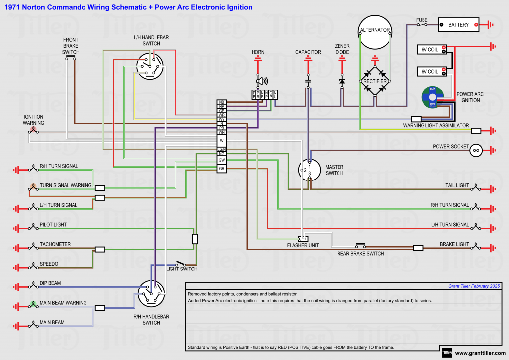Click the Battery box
[x=458, y=24]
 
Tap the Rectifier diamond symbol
[x=375, y=81]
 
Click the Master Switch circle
[x=309, y=171]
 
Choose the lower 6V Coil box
[x=431, y=71]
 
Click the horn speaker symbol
[x=261, y=81]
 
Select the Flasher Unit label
[x=303, y=245]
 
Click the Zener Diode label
[x=342, y=49]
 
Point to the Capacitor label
[x=308, y=52]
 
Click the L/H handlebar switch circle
[x=150, y=67]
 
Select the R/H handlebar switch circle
[x=151, y=294]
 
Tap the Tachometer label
[x=55, y=244]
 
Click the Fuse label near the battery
[x=422, y=20]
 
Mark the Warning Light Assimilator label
[x=436, y=126]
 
